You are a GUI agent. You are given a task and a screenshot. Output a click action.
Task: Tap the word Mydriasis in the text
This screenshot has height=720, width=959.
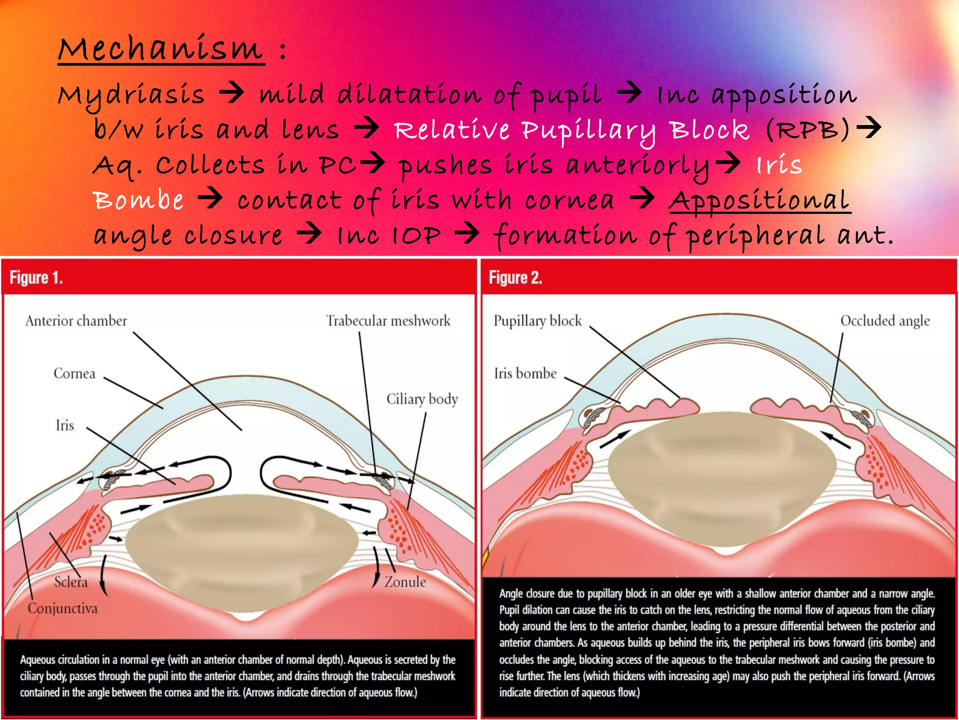tap(131, 95)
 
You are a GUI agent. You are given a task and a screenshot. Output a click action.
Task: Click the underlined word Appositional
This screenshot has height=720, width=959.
tap(759, 201)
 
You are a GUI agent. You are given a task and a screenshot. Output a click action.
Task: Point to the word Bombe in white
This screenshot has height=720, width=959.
tap(138, 201)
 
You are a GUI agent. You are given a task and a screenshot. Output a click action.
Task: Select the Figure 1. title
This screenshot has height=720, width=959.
tap(37, 278)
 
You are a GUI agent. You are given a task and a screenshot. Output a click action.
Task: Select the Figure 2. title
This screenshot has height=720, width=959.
tap(516, 278)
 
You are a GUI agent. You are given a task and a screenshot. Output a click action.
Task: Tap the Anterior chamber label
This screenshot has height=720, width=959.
tap(76, 321)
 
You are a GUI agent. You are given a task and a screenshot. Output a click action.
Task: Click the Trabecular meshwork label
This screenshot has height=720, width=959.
tap(388, 321)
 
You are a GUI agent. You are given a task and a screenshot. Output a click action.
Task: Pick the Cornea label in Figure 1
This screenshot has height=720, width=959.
tap(74, 374)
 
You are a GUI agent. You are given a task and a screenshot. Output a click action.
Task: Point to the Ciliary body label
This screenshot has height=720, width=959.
tap(422, 399)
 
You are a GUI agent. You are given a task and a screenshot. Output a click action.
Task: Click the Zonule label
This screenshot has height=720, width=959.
tap(405, 582)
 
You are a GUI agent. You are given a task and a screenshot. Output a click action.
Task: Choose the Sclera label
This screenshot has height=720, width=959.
tap(71, 582)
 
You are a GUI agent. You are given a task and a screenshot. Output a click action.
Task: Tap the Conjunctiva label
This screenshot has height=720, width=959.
tap(63, 608)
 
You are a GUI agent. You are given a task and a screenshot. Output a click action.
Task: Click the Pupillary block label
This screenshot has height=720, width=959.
tap(538, 321)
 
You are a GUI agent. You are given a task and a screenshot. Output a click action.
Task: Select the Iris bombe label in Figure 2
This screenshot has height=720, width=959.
tap(525, 374)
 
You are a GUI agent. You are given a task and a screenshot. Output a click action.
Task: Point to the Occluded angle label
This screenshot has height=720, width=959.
tap(885, 321)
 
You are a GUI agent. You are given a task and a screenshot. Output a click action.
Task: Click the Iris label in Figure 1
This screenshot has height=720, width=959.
tap(65, 426)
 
